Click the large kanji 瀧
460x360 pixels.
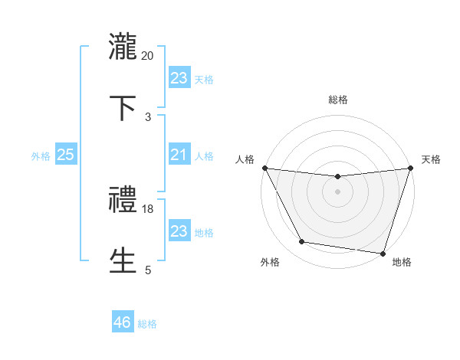tap(123, 44)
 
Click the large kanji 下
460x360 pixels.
tap(123, 108)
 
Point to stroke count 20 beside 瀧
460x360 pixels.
tap(148, 55)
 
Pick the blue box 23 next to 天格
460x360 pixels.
tap(179, 78)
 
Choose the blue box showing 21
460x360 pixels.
tap(179, 155)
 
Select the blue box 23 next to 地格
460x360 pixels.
tap(179, 231)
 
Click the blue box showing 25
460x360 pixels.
tap(65, 155)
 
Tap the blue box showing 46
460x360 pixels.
tap(123, 322)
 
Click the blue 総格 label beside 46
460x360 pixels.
tap(147, 324)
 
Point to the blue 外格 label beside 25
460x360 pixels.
tap(41, 156)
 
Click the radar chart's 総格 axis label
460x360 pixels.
tap(337, 100)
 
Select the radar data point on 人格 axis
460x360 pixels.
tap(264, 168)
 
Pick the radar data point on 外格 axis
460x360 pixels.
tap(302, 242)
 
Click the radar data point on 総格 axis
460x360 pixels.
tap(337, 177)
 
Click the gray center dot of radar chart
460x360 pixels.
tap(337, 191)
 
